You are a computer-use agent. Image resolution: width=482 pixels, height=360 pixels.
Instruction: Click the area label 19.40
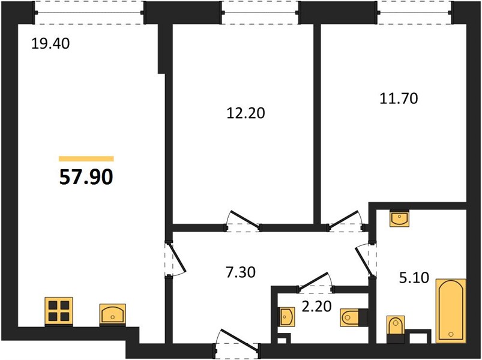[x=50, y=44]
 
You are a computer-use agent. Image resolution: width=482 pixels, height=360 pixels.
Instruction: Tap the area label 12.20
[x=246, y=113]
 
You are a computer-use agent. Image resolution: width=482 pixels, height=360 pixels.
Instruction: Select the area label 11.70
[x=399, y=98]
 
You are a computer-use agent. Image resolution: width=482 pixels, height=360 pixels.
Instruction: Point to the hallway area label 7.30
[x=241, y=272]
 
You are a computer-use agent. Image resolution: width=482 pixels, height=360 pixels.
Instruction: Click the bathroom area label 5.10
[x=414, y=278]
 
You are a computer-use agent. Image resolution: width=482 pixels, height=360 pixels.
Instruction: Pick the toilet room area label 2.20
[x=316, y=306]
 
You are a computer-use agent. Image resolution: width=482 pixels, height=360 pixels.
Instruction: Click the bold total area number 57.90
[x=86, y=177]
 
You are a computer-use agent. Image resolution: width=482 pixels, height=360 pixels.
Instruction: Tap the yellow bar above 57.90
[x=86, y=158]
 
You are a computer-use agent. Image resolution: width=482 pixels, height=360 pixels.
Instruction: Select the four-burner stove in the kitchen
[x=59, y=311]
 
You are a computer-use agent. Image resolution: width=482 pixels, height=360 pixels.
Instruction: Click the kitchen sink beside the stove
[x=112, y=314]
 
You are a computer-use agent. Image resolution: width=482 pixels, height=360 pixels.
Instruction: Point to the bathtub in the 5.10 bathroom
[x=451, y=311]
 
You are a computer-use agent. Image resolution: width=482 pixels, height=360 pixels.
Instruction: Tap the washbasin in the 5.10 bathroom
[x=399, y=218]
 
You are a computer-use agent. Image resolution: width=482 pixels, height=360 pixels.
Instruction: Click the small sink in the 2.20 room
[x=287, y=316]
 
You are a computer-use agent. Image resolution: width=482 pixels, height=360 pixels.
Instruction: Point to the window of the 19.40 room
[x=89, y=13]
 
